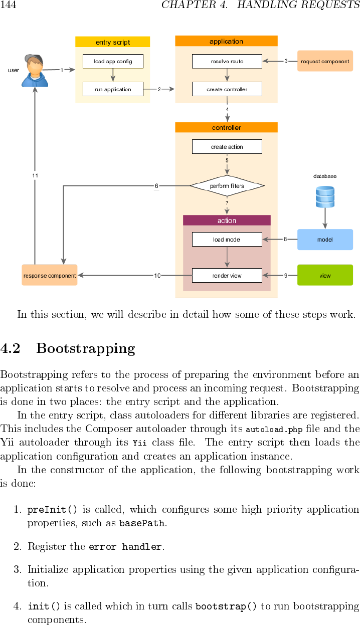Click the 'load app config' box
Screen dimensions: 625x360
point(113,62)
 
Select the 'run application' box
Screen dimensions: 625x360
point(113,89)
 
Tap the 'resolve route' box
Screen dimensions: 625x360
point(227,62)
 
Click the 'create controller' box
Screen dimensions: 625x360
point(227,89)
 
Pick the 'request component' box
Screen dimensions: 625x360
point(325,61)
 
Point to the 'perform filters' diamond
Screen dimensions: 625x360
point(227,186)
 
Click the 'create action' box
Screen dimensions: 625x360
point(227,147)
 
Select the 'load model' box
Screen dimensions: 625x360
point(227,240)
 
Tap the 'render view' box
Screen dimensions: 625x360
point(227,276)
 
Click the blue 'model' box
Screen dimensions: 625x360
point(325,240)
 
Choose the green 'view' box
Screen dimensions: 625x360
point(325,275)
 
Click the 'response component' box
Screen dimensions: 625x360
point(50,275)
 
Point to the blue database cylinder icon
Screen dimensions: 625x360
point(325,196)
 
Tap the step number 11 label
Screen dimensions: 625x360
point(35,175)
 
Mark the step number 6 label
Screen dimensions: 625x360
point(156,186)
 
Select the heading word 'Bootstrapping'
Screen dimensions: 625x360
point(86,348)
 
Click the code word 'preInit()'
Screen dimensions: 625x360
point(52,510)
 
